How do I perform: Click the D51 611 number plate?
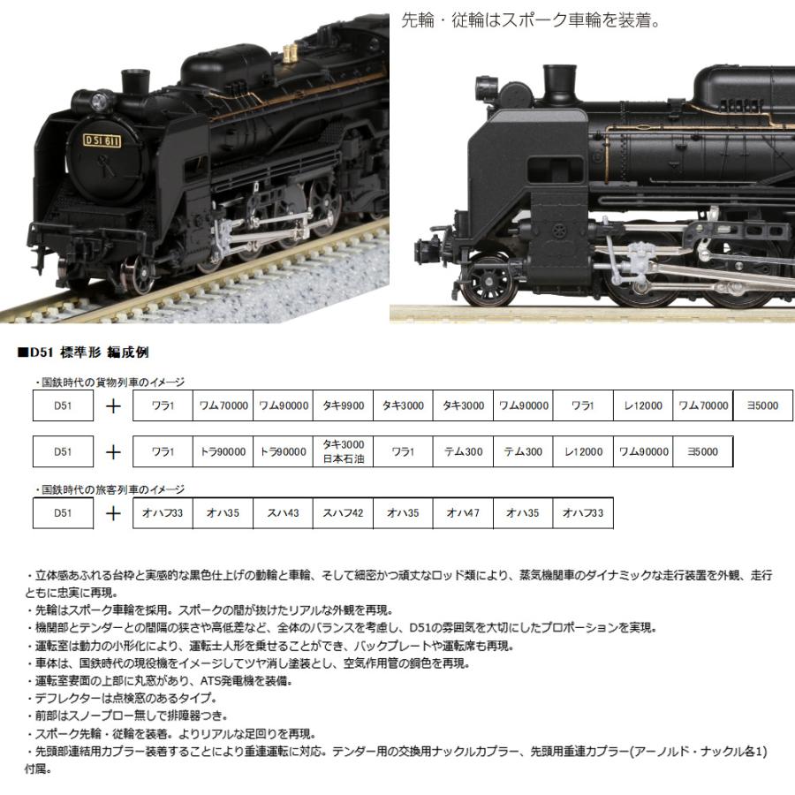103,140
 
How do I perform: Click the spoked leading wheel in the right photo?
488,281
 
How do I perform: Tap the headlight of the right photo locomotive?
485,87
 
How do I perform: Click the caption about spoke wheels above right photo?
530,19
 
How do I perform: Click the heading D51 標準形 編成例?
85,352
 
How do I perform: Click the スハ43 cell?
283,512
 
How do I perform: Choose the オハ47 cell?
463,512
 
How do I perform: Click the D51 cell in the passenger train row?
62,512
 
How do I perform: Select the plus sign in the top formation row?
113,405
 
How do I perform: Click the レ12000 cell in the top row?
642,405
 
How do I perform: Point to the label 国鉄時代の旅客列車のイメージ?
110,488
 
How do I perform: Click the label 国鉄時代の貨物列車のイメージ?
110,382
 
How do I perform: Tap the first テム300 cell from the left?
463,451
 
